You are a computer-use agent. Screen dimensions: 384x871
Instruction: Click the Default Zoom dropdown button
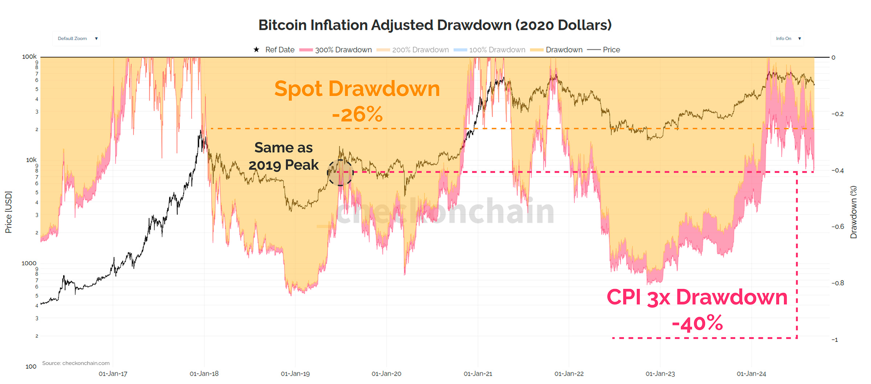pyautogui.click(x=77, y=39)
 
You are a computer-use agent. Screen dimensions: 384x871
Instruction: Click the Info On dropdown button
pyautogui.click(x=787, y=39)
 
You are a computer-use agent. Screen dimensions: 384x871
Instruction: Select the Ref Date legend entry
pyautogui.click(x=274, y=50)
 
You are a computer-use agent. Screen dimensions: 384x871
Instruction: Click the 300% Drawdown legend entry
pyautogui.click(x=336, y=50)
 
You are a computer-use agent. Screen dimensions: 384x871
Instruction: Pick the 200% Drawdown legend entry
pyautogui.click(x=413, y=50)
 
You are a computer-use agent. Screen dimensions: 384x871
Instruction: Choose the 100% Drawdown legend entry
pyautogui.click(x=490, y=50)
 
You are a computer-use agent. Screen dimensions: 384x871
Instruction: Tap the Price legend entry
pyautogui.click(x=604, y=50)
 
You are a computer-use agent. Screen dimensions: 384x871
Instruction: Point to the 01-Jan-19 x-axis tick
pyautogui.click(x=295, y=373)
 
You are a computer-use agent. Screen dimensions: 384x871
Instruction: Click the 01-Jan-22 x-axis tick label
pyautogui.click(x=569, y=373)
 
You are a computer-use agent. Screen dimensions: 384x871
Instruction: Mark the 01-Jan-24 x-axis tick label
pyautogui.click(x=751, y=373)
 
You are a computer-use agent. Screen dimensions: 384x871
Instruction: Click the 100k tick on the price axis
pyautogui.click(x=29, y=57)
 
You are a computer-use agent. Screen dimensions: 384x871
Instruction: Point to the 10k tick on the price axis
pyautogui.click(x=31, y=160)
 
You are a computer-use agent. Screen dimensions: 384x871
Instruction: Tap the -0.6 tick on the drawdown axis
pyautogui.click(x=838, y=227)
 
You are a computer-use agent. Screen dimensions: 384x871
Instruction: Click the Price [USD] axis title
pyautogui.click(x=8, y=212)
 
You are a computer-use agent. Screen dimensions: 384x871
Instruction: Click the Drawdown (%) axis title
pyautogui.click(x=854, y=212)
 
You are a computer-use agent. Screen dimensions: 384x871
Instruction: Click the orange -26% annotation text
pyautogui.click(x=357, y=114)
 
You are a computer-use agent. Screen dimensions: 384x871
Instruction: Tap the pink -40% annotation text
pyautogui.click(x=697, y=323)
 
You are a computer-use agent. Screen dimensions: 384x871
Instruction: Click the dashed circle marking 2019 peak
pyautogui.click(x=340, y=173)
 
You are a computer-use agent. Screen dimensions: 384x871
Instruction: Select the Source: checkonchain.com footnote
pyautogui.click(x=76, y=363)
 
